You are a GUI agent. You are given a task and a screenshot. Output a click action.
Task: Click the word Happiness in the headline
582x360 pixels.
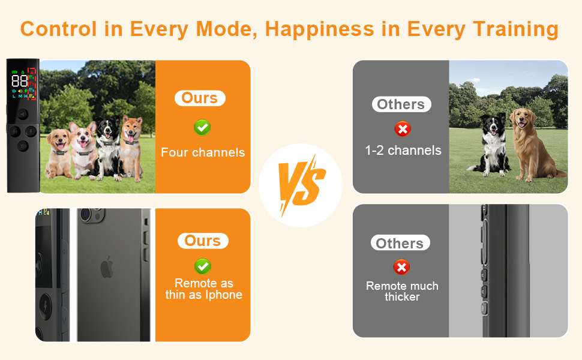coord(320,29)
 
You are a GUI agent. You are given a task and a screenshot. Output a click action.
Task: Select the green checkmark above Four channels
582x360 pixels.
coord(202,128)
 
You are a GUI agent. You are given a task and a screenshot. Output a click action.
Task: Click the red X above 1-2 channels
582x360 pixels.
coord(403,129)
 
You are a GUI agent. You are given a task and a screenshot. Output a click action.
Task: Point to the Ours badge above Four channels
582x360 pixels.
coord(200,98)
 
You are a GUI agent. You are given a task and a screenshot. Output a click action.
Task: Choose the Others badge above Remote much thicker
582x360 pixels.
coord(400,243)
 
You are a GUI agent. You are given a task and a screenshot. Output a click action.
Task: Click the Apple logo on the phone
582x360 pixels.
coord(107,266)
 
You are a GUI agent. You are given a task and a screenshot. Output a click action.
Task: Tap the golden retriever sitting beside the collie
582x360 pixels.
coord(532,145)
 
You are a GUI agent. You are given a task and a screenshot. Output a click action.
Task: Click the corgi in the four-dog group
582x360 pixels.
coord(83,148)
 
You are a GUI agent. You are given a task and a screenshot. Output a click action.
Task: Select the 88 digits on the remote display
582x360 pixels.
coord(19,81)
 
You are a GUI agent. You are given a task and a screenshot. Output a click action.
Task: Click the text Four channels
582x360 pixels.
coord(203,152)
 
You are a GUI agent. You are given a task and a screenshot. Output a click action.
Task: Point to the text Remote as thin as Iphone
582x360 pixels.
coord(204,289)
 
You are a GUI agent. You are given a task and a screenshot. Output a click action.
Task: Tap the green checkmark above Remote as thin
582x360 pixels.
coord(203,266)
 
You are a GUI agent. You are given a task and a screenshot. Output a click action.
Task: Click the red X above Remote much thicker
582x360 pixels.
coord(401,267)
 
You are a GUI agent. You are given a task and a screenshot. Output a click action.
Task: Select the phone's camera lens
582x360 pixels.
coord(86,214)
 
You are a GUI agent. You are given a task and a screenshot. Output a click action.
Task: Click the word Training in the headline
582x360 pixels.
coord(515,29)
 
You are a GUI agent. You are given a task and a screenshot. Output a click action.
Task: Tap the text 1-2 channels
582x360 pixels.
coord(403,151)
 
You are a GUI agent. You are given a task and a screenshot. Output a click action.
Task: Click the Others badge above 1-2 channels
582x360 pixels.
coord(401,104)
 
